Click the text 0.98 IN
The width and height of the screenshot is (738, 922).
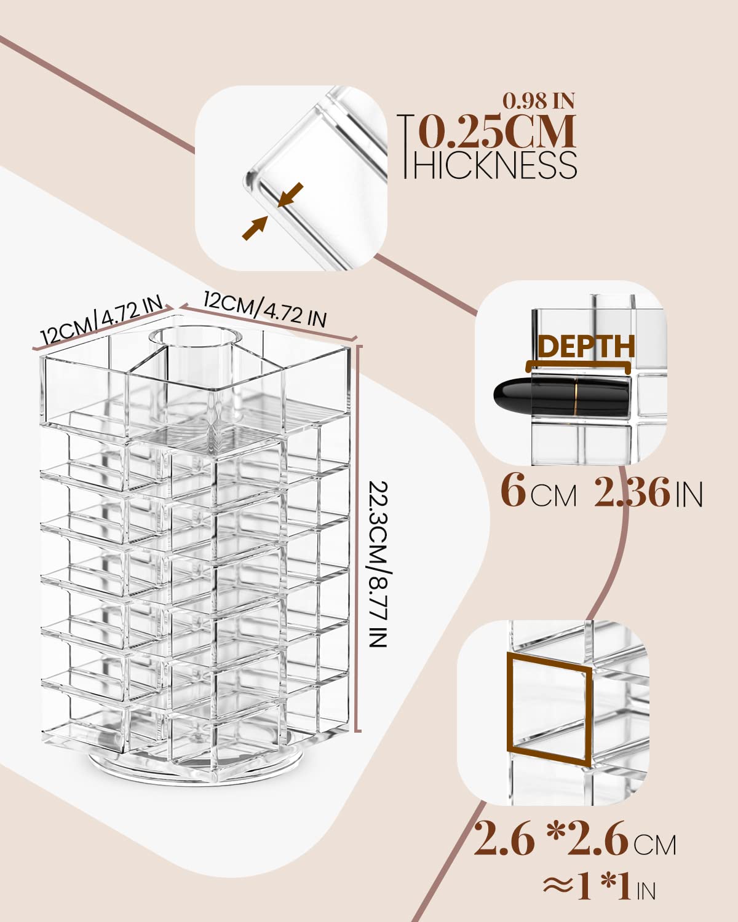click(539, 101)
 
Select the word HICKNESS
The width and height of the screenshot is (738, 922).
click(494, 165)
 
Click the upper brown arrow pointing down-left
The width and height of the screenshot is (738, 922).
click(290, 195)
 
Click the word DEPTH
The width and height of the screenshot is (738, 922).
click(586, 346)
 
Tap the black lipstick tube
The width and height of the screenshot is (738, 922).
click(562, 393)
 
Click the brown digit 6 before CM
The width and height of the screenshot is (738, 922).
click(513, 491)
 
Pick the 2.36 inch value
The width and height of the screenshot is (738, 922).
click(632, 492)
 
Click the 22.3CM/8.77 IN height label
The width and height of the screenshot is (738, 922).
click(378, 564)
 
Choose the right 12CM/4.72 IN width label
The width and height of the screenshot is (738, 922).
click(265, 309)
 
